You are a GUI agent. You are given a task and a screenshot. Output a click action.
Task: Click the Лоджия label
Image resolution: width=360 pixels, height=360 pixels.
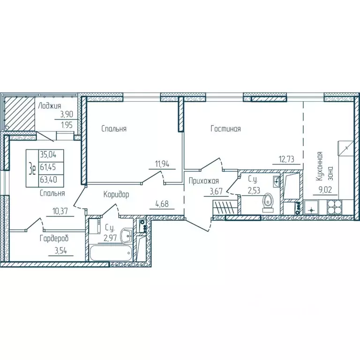click(49, 106)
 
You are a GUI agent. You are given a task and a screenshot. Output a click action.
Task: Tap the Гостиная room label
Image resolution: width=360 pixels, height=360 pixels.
click(225, 128)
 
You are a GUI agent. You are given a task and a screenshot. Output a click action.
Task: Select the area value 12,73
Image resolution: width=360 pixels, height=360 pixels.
click(286, 159)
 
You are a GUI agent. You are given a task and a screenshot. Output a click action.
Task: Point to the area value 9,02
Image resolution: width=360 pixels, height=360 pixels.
click(325, 190)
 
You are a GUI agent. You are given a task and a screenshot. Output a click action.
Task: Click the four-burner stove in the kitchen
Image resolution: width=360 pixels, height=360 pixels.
click(334, 207)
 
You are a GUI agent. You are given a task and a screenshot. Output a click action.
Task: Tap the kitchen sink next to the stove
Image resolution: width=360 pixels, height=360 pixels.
click(311, 207)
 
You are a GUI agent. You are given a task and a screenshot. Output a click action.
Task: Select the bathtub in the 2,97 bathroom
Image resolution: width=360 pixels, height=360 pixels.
click(110, 253)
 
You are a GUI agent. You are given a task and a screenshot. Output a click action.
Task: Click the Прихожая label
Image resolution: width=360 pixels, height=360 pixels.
click(203, 181)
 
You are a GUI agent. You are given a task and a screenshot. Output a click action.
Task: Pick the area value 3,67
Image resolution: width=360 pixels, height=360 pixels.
click(216, 191)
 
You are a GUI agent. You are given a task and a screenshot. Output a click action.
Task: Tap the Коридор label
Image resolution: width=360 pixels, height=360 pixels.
click(116, 195)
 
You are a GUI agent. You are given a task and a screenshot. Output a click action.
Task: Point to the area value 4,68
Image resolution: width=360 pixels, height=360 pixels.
click(162, 203)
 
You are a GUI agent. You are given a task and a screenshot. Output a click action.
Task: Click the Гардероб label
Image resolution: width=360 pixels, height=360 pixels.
click(54, 239)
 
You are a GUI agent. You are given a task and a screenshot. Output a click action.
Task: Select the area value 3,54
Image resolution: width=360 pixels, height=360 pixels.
click(60, 250)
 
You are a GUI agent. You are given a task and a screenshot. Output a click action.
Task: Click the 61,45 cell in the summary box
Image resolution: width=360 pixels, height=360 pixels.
click(48, 167)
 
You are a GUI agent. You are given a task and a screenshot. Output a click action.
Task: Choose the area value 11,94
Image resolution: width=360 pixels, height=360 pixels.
click(162, 164)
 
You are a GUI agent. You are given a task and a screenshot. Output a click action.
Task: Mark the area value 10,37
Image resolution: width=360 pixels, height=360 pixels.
click(60, 211)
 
